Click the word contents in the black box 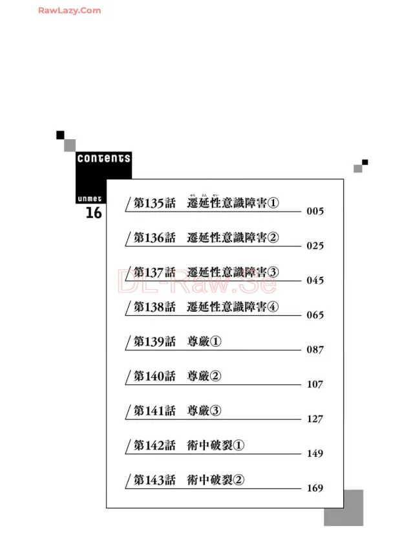[x=103, y=158]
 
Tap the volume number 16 [x=94, y=213]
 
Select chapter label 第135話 [x=154, y=203]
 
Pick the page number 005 [x=315, y=212]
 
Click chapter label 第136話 [x=154, y=237]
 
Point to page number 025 [x=315, y=246]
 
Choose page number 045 [x=315, y=281]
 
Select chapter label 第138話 [x=154, y=307]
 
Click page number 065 [x=315, y=315]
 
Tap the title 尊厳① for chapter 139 [x=204, y=341]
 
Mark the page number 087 [x=315, y=350]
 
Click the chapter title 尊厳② [x=204, y=376]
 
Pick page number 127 [x=315, y=419]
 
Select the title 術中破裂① [x=217, y=445]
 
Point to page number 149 [x=315, y=454]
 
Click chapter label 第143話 [x=154, y=479]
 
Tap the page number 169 [x=315, y=488]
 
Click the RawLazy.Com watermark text [x=69, y=10]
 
